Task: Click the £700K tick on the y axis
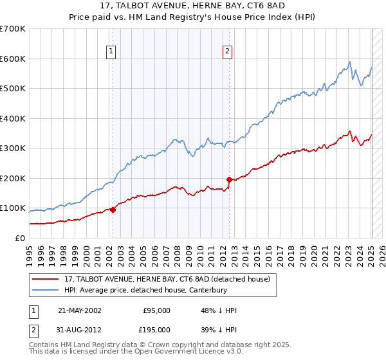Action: [13, 29]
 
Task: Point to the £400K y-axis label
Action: [13, 118]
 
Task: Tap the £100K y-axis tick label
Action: [13, 208]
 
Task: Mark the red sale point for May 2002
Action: [113, 209]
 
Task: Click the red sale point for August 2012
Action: [229, 179]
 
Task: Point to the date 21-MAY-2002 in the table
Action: [80, 310]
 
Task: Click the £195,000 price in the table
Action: [156, 330]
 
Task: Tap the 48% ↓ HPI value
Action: [219, 310]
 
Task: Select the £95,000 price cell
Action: [156, 310]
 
